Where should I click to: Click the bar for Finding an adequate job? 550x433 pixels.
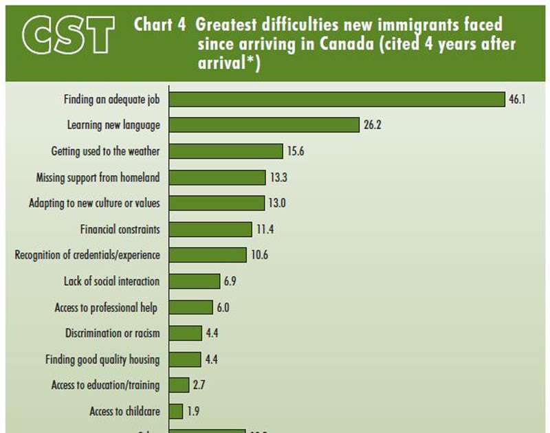337,99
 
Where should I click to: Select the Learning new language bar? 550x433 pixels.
264,125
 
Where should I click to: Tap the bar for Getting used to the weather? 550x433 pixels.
226,151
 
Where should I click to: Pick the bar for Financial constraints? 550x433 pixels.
210,229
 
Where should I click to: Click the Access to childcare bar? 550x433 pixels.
176,411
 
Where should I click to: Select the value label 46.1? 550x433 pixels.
517,100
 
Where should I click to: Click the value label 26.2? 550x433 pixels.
372,126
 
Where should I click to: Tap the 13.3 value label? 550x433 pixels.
278,177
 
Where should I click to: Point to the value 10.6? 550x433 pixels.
258,255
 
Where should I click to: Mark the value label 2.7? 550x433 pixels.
199,386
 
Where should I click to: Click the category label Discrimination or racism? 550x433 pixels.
113,333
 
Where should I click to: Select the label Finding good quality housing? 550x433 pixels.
102,359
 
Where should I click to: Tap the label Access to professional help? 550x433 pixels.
107,307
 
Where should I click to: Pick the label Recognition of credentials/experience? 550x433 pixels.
87,255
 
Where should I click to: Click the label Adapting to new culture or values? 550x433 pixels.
95,203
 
